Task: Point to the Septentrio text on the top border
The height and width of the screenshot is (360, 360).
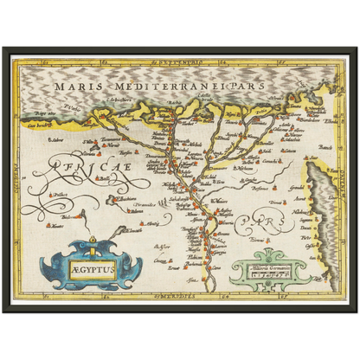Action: click(179, 64)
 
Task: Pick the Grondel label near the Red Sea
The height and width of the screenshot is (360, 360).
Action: click(296, 187)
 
